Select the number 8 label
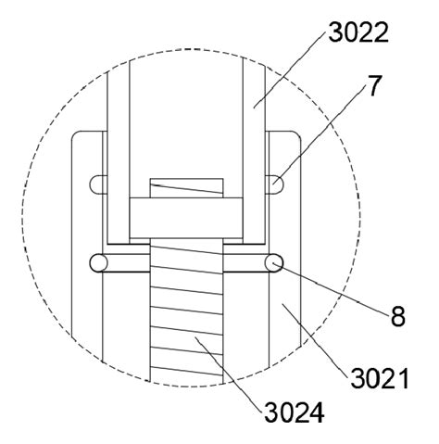pos(397,315)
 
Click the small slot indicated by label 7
pos(275,183)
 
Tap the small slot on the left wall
pos(97,183)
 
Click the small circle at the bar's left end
pos(97,263)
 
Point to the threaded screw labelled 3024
pos(186,315)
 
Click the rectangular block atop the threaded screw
pos(185,219)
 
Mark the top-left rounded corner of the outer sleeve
pos(80,136)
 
